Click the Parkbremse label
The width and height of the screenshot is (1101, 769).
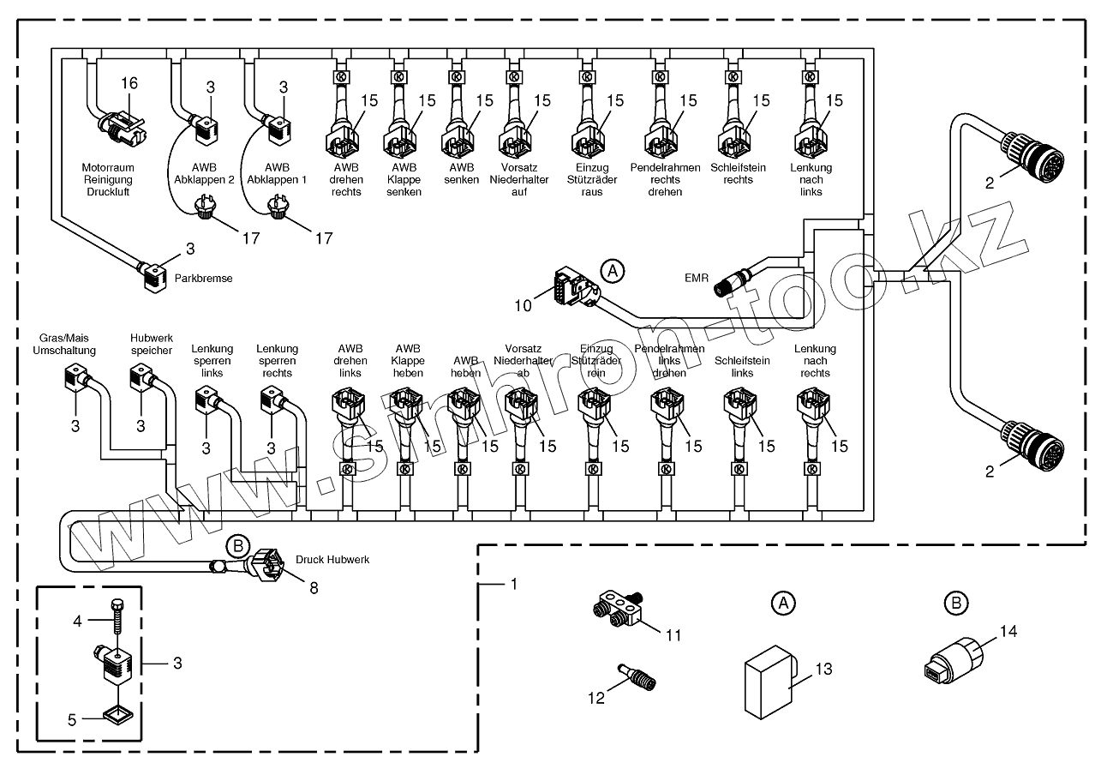tap(203, 279)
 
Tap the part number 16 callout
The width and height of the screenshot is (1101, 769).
tap(129, 83)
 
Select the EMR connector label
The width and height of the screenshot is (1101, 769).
tap(696, 278)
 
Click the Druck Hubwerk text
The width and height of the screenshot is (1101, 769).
tap(332, 559)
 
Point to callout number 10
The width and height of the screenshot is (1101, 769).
tap(523, 304)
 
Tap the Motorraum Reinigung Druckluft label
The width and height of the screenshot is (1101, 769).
tap(106, 179)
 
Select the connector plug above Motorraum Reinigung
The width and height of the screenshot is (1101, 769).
tap(120, 127)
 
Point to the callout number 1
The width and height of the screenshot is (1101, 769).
tap(512, 584)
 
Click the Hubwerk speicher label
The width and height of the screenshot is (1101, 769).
tap(152, 345)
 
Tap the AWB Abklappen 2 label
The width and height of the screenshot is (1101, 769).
tap(204, 174)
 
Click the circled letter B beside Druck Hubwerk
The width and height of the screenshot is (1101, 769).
tap(236, 546)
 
